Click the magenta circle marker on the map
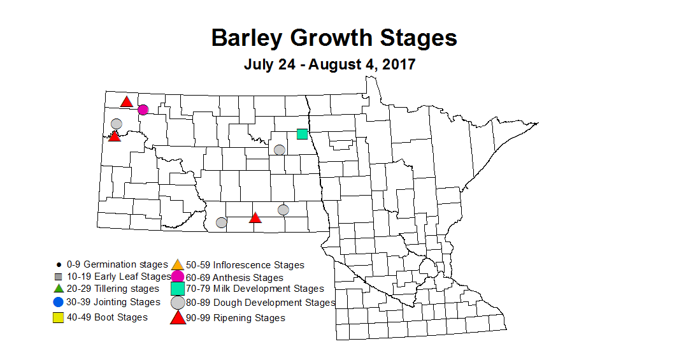(x=143, y=110)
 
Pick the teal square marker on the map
(x=302, y=134)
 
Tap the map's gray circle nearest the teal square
(x=279, y=150)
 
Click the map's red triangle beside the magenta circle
(x=127, y=102)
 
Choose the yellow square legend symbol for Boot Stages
(x=58, y=317)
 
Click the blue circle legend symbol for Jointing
(x=58, y=302)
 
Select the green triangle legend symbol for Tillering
(x=58, y=288)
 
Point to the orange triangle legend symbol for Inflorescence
(x=178, y=264)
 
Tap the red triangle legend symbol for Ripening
(x=178, y=317)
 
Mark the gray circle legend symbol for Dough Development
(x=178, y=303)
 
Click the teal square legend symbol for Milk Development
(x=178, y=289)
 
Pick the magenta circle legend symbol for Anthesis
(x=178, y=277)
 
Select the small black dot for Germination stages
(x=58, y=264)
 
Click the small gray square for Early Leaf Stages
(x=58, y=277)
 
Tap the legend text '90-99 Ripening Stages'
(x=236, y=317)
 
